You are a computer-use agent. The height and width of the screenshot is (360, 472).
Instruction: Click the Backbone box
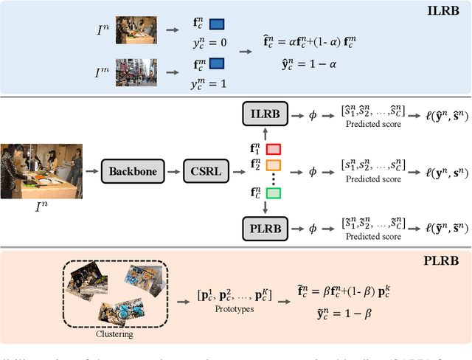(133, 171)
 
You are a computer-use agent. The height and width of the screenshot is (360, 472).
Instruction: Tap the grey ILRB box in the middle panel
(265, 113)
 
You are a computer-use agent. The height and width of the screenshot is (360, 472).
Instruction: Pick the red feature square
(274, 150)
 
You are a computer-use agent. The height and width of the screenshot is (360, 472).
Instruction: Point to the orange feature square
(274, 165)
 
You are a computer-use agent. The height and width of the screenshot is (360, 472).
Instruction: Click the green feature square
(274, 194)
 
